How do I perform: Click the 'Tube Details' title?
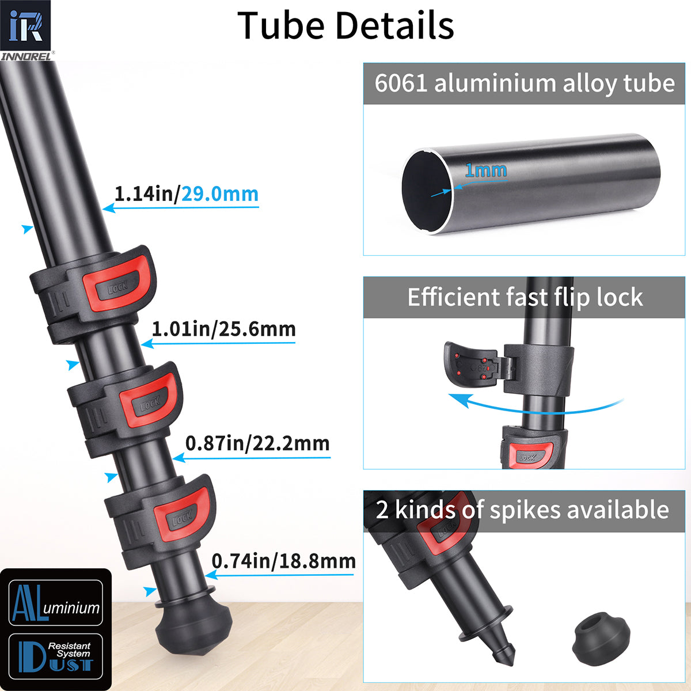(x=345, y=26)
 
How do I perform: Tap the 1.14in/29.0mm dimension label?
(x=186, y=194)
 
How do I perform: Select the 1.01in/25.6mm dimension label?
(x=223, y=329)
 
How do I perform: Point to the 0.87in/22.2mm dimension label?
(x=257, y=443)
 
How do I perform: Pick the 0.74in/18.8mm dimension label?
(x=283, y=561)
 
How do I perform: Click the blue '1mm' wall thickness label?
(x=485, y=170)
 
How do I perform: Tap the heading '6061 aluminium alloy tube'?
(x=524, y=83)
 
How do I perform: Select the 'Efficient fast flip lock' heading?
(x=524, y=298)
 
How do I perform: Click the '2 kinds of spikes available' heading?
(x=522, y=510)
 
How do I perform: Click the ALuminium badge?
(x=56, y=603)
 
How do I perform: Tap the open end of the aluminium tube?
(x=427, y=191)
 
